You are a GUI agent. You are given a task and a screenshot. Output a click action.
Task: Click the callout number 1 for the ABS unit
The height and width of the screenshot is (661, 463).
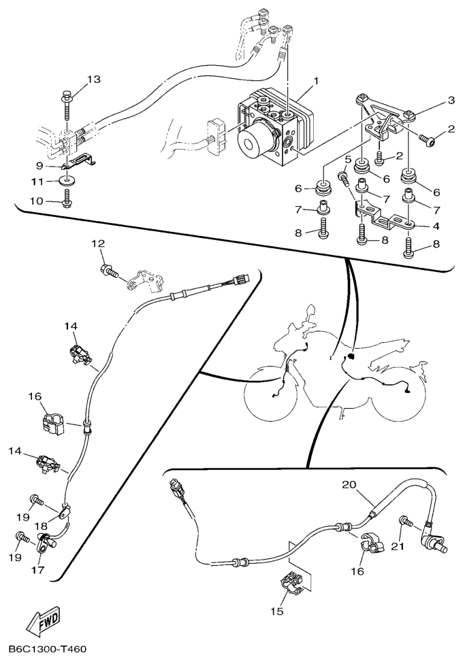click(x=316, y=80)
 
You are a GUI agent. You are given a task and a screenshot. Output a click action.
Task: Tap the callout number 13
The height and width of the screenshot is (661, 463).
click(x=94, y=80)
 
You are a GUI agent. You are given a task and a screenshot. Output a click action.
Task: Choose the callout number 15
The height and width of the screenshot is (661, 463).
click(x=277, y=611)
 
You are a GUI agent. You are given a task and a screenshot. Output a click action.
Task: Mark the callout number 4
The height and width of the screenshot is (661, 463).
click(x=436, y=226)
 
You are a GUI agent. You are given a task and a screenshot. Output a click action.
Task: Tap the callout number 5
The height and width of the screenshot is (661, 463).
click(x=348, y=159)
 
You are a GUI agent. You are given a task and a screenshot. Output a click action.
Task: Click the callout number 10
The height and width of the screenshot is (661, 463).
click(x=37, y=201)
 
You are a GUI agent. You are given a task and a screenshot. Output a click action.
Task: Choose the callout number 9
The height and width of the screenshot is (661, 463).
click(x=39, y=165)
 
